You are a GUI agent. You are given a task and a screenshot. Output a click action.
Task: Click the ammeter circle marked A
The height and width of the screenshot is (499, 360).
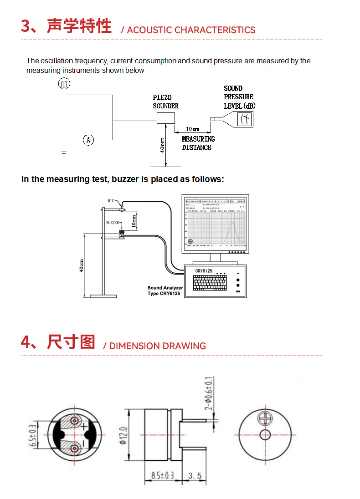click(x=89, y=140)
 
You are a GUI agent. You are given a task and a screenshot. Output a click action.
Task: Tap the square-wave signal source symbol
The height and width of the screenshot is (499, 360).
click(x=64, y=83)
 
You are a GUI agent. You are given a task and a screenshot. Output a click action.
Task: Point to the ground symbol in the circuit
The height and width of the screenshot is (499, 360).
click(x=64, y=152)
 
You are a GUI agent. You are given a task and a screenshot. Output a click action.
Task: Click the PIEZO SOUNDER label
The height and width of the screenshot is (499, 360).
click(x=165, y=102)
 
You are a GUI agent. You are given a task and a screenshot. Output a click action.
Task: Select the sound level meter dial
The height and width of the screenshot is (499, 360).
click(x=245, y=119)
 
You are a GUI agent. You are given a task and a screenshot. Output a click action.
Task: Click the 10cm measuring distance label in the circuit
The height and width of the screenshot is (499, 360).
click(x=193, y=129)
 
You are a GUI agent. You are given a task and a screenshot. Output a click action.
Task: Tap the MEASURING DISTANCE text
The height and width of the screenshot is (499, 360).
click(x=198, y=143)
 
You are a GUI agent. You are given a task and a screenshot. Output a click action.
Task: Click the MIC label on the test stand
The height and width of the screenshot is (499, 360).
click(x=112, y=200)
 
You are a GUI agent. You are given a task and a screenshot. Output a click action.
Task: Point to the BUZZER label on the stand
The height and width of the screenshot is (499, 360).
click(x=113, y=223)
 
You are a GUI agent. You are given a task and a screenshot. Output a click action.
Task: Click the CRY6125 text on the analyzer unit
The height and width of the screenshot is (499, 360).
click(x=204, y=271)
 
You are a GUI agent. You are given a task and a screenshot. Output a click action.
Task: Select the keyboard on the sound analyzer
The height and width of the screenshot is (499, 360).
click(x=210, y=283)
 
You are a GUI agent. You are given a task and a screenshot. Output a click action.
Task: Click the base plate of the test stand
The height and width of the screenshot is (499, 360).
click(x=104, y=296)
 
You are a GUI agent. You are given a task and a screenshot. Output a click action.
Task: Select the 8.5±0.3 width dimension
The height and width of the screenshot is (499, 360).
click(x=163, y=476)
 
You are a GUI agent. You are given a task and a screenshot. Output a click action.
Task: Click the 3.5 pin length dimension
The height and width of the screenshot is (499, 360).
click(x=195, y=476)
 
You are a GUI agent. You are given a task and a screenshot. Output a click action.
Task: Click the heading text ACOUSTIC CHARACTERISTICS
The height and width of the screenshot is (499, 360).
click(x=191, y=30)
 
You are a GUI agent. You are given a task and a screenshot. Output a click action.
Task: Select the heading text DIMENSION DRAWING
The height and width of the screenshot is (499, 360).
click(x=157, y=346)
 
